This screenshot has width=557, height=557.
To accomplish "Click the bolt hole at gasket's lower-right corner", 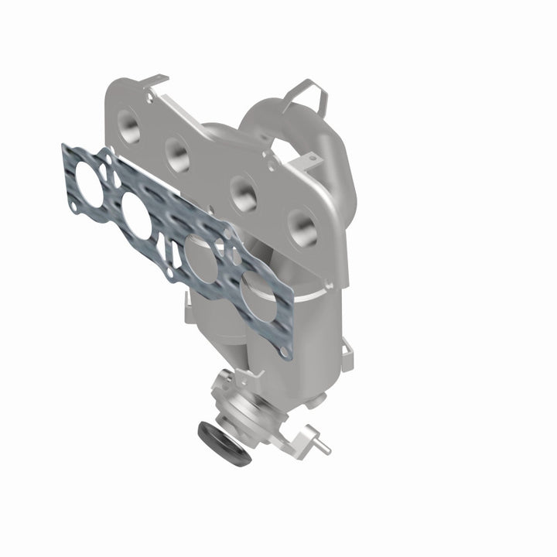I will pyautogui.click(x=286, y=352).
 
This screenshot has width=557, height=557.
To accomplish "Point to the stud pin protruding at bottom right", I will pyautogui.click(x=322, y=447).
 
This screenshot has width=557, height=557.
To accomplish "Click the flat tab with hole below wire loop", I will pyautogui.click(x=309, y=158).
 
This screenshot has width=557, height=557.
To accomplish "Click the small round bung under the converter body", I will pyautogui.click(x=318, y=401).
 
